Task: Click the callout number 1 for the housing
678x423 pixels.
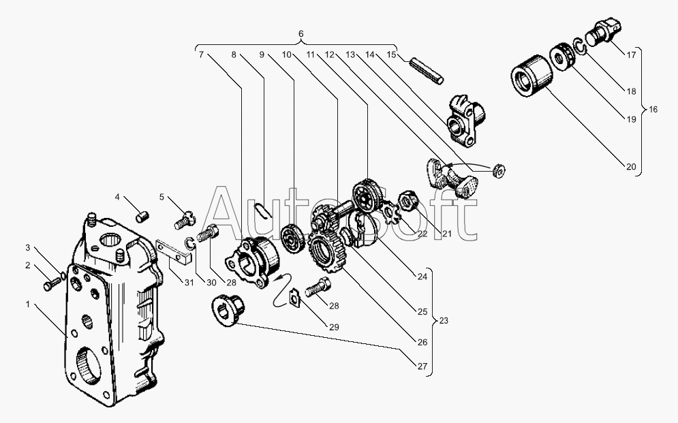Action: [28, 304]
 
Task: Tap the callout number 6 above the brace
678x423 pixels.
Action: [301, 33]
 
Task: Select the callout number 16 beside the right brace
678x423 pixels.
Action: [653, 109]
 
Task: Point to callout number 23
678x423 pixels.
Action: [444, 321]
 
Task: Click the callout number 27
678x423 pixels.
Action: [422, 366]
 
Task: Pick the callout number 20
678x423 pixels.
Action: [631, 167]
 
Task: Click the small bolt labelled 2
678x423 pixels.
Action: [53, 284]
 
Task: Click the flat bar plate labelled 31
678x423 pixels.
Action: [174, 253]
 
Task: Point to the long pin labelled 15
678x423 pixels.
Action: [427, 72]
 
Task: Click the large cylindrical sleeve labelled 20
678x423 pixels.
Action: [532, 75]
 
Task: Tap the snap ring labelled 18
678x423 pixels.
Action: [579, 46]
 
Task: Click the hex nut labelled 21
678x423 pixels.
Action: [408, 200]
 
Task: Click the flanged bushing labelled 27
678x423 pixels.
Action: [228, 309]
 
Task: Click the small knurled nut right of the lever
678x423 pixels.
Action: [499, 171]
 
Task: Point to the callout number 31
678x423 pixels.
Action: [189, 283]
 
